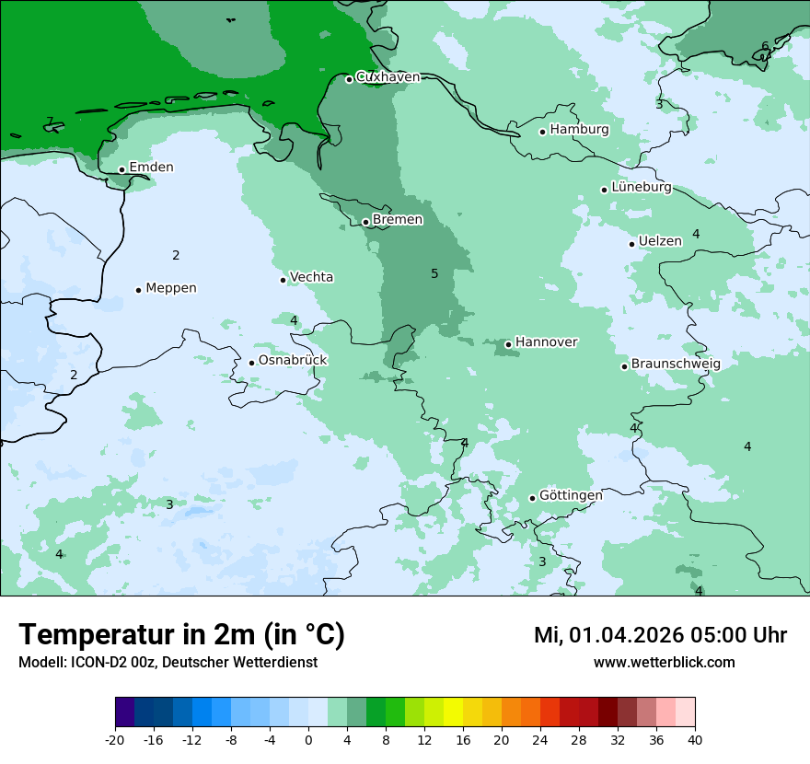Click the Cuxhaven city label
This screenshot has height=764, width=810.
click(x=388, y=77)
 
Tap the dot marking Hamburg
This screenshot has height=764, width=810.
click(x=542, y=132)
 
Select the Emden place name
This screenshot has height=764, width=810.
click(x=151, y=168)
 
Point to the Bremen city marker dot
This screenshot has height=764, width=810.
click(x=365, y=222)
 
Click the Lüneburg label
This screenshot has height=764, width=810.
click(x=641, y=187)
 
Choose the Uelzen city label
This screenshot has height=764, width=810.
click(x=660, y=241)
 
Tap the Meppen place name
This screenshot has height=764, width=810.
click(x=170, y=288)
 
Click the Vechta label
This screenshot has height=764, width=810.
click(x=311, y=277)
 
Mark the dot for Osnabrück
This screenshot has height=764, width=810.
click(x=251, y=363)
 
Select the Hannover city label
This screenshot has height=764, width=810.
click(x=546, y=342)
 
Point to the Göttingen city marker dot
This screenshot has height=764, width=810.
click(x=532, y=498)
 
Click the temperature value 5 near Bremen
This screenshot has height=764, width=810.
click(x=434, y=273)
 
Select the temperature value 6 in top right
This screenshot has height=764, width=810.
click(x=765, y=46)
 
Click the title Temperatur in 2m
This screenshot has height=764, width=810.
click(x=181, y=634)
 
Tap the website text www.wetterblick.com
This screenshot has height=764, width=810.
click(x=664, y=662)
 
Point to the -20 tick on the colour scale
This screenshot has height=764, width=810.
click(x=115, y=739)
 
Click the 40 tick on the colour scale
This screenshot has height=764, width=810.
click(x=695, y=739)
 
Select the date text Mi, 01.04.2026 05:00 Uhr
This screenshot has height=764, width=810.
click(x=660, y=635)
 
